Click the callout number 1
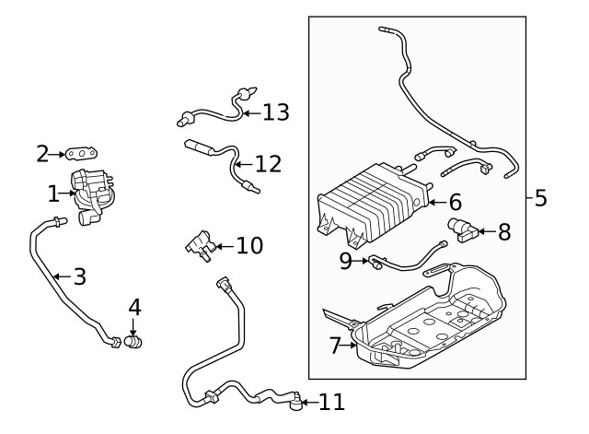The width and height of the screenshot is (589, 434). (52, 194)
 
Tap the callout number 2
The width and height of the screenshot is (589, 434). (42, 154)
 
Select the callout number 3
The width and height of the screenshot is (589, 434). (79, 276)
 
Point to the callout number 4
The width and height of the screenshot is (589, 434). (134, 306)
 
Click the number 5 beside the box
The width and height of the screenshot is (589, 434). (540, 197)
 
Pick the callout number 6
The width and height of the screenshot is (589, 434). (455, 202)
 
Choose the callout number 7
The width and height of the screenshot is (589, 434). (335, 346)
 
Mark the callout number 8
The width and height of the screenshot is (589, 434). (503, 232)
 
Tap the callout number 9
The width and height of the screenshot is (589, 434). (346, 261)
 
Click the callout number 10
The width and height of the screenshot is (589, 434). (249, 246)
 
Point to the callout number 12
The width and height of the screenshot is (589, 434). (268, 164)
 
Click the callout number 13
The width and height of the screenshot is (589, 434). (275, 112)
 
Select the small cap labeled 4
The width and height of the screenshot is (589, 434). (133, 342)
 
